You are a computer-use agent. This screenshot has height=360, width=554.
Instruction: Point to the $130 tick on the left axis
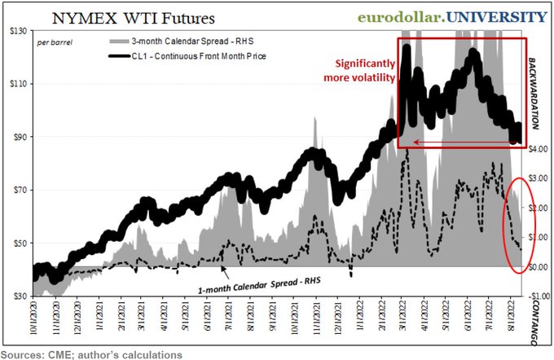15,31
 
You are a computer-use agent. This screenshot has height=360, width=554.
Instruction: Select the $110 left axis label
15,84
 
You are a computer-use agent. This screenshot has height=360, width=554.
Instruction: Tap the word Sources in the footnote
25,354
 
